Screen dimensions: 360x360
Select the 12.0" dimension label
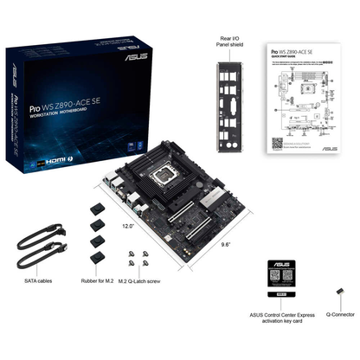(x=128, y=226)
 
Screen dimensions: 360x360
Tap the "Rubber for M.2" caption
(x=98, y=281)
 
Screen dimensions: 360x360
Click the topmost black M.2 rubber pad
(x=97, y=209)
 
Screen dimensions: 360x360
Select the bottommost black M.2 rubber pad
(x=97, y=256)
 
